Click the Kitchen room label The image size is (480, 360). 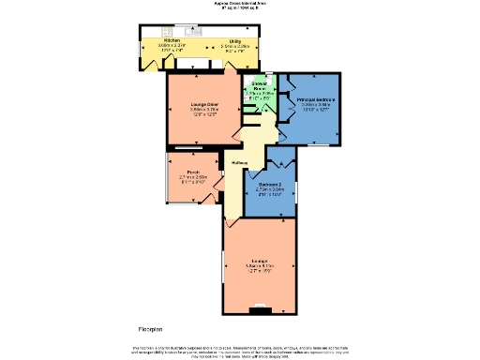(172, 41)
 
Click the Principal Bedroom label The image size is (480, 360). (316, 98)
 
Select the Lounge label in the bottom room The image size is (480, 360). (260, 260)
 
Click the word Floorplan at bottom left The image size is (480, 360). (153, 330)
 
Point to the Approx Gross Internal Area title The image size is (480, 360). (239, 5)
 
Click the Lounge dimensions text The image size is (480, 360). (260, 268)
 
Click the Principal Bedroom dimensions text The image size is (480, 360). (316, 107)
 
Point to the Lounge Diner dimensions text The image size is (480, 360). (191, 112)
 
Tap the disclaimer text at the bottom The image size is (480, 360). (239, 350)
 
